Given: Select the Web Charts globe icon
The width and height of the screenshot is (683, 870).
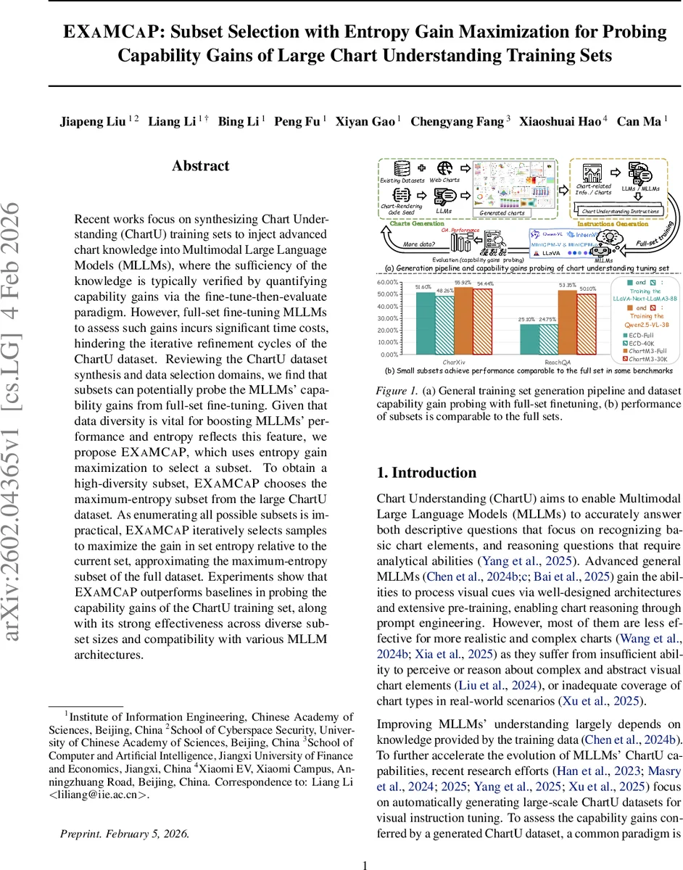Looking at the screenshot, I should click(x=445, y=167).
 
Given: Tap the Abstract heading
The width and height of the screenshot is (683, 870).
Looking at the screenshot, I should click(x=200, y=166).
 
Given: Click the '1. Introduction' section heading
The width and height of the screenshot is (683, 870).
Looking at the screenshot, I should click(x=426, y=473).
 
